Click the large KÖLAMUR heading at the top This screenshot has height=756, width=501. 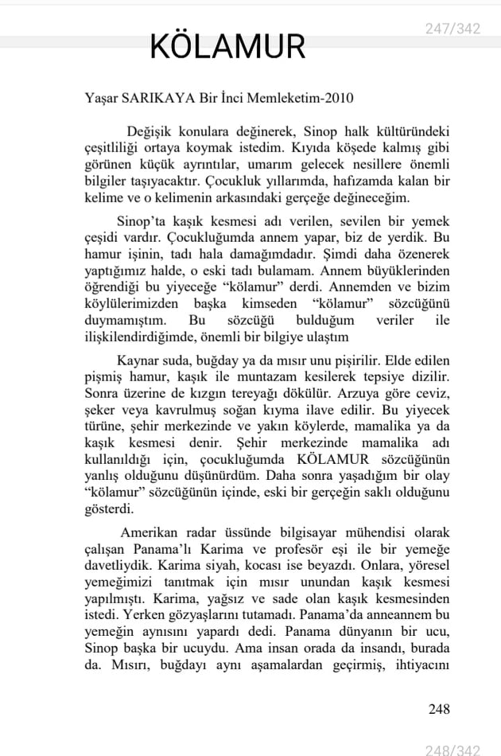coord(227,47)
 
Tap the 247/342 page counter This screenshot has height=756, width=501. coord(452,29)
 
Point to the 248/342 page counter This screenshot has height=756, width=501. coord(452,748)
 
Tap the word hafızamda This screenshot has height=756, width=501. coord(362,181)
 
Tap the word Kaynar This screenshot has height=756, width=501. coord(136,360)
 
